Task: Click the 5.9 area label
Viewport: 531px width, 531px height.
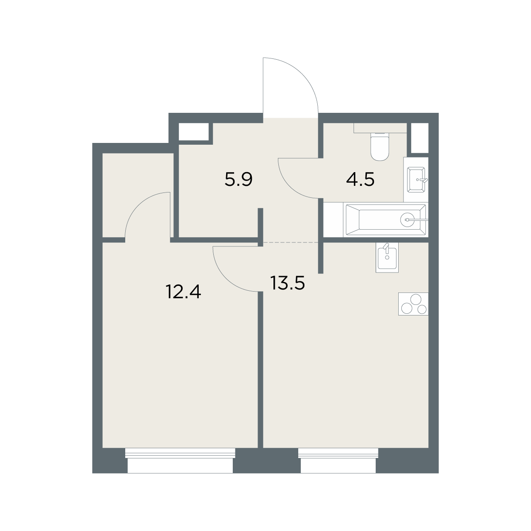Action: (x=239, y=180)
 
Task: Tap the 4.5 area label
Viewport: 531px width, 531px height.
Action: (x=360, y=180)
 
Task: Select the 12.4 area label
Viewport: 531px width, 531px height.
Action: (x=183, y=292)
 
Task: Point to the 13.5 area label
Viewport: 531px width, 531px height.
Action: (x=288, y=283)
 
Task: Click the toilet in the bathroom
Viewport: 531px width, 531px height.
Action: (x=380, y=146)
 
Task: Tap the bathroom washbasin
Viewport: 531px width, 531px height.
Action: (x=416, y=180)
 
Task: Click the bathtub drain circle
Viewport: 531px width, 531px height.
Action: (x=407, y=219)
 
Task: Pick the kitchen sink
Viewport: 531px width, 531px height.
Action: (x=387, y=258)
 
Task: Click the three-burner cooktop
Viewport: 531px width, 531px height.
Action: (x=413, y=304)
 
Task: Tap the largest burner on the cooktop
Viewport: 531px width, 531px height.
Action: (x=416, y=300)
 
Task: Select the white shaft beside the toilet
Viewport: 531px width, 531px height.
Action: (x=419, y=138)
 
